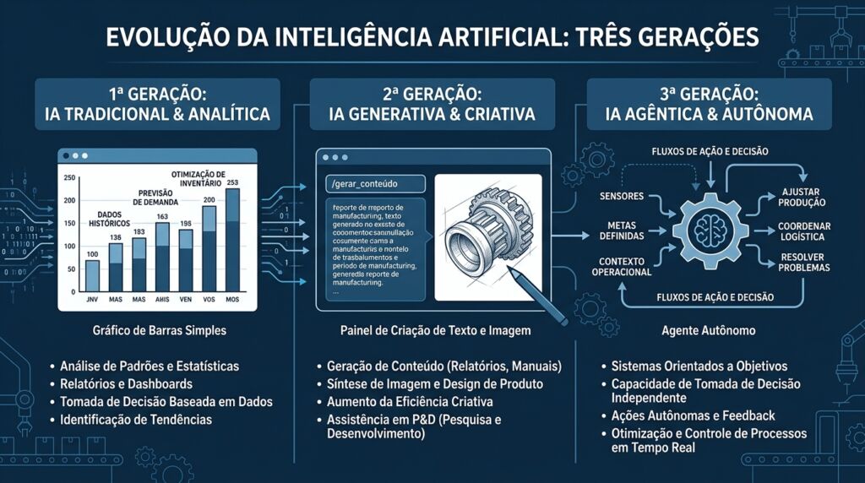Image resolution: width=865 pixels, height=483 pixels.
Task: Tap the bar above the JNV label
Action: click(x=93, y=275)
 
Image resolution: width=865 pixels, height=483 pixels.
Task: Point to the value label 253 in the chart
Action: click(x=232, y=183)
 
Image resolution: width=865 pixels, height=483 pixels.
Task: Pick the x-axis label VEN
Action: click(x=186, y=300)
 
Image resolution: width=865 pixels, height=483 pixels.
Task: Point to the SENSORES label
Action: click(x=621, y=197)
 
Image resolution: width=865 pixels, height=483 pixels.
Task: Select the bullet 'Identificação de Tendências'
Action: click(x=136, y=420)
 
